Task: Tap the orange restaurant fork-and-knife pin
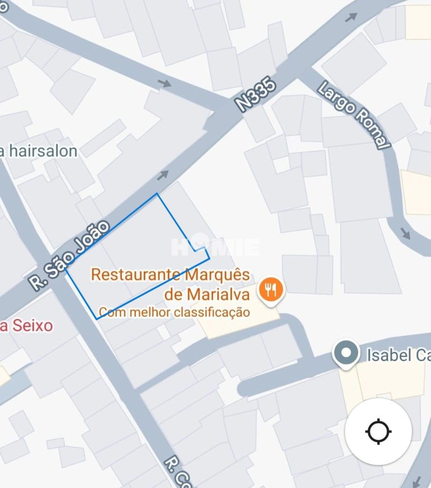271,289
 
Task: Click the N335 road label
255,95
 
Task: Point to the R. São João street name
69,255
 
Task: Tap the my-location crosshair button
378,431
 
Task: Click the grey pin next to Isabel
346,353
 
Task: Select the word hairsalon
43,151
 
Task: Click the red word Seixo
33,325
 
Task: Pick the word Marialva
218,295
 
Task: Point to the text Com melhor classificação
175,312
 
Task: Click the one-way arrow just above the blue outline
163,175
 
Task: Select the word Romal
372,132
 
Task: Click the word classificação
212,312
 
